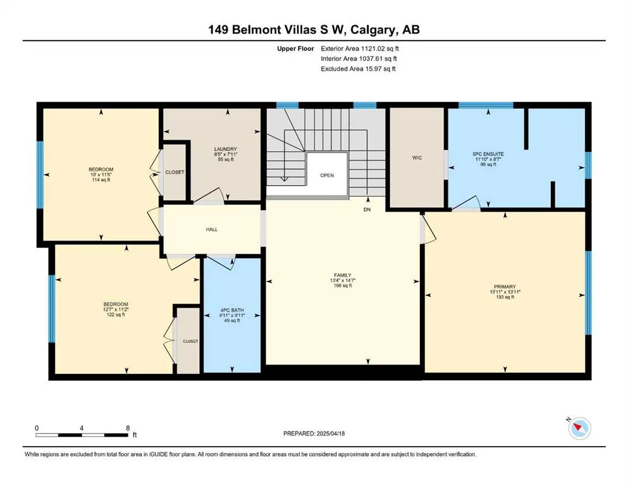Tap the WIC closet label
(x=416, y=158)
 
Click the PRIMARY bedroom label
(x=505, y=287)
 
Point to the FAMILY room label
(x=342, y=275)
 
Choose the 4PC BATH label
(x=231, y=311)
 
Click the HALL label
(x=212, y=229)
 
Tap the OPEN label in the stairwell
(x=326, y=175)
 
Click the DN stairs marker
(x=367, y=209)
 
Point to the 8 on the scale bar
(x=128, y=428)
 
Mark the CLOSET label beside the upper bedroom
(x=175, y=172)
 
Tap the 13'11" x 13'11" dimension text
(x=505, y=292)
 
